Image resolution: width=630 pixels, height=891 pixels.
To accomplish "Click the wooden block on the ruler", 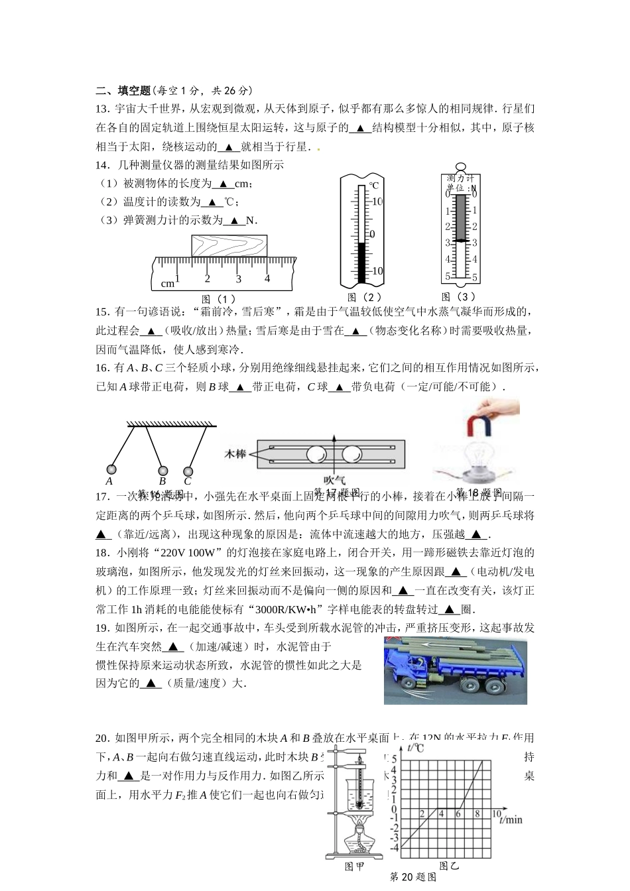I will pos(229,246).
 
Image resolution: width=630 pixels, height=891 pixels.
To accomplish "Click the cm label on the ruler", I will pos(168,284).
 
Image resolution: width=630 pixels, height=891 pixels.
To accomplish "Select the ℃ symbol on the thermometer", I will pos(374,186).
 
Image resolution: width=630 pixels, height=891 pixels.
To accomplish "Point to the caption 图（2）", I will pos(364,298).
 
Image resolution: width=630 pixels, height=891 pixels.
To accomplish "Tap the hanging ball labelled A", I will pos(111,469).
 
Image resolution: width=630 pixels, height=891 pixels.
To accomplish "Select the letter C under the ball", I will pos(188,482).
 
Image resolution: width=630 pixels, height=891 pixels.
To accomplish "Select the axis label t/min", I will pos(511,820).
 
